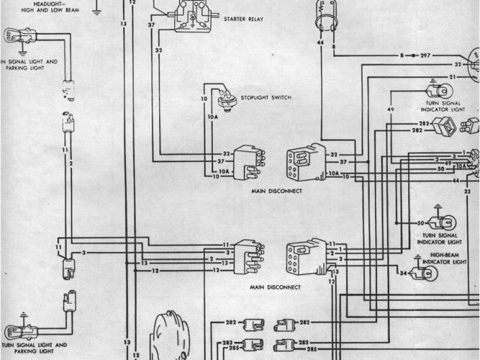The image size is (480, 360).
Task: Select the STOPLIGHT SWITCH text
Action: tap(265, 98)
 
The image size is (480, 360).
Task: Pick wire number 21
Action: tap(452, 77)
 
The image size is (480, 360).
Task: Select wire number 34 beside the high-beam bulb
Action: tap(403, 273)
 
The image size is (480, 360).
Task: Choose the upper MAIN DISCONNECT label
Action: tap(276, 191)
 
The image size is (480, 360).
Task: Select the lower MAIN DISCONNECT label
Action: tap(276, 287)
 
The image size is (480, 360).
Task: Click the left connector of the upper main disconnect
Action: tap(247, 162)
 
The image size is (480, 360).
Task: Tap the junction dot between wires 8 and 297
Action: tap(412, 56)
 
